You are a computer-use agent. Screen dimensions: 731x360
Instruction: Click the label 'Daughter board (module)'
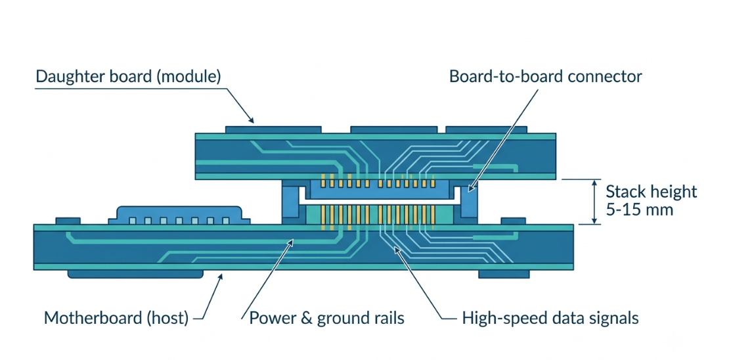coord(127,76)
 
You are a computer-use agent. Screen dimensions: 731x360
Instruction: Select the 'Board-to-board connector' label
coord(545,76)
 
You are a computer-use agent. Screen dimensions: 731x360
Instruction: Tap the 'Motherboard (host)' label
coord(116,319)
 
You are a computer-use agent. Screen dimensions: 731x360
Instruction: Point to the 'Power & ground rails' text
coord(326,319)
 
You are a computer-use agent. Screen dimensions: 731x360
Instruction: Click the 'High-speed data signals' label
coord(550,319)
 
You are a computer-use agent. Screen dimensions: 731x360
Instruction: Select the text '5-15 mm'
coord(640,210)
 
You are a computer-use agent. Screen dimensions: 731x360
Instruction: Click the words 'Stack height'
coord(652,191)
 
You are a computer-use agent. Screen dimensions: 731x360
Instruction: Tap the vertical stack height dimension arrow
coord(594,202)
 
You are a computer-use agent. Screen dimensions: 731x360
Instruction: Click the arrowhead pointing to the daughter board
coord(251,120)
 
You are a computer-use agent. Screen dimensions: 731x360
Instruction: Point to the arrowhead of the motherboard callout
coord(221,277)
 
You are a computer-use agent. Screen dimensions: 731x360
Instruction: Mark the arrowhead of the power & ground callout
coord(292,240)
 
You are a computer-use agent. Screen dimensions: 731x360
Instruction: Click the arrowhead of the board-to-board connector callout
coord(470,189)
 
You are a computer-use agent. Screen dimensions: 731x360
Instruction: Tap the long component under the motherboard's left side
coord(135,274)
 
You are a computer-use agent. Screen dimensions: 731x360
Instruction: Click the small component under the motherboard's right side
coord(504,274)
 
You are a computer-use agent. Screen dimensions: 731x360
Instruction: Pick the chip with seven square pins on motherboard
coord(179,215)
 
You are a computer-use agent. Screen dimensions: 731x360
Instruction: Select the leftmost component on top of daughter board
coord(273,129)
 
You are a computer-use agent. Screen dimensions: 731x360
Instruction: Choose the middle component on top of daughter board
coord(394,129)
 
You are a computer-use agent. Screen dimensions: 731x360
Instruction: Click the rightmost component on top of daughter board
coord(486,129)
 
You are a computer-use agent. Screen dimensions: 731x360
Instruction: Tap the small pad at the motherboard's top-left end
coord(68,221)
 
